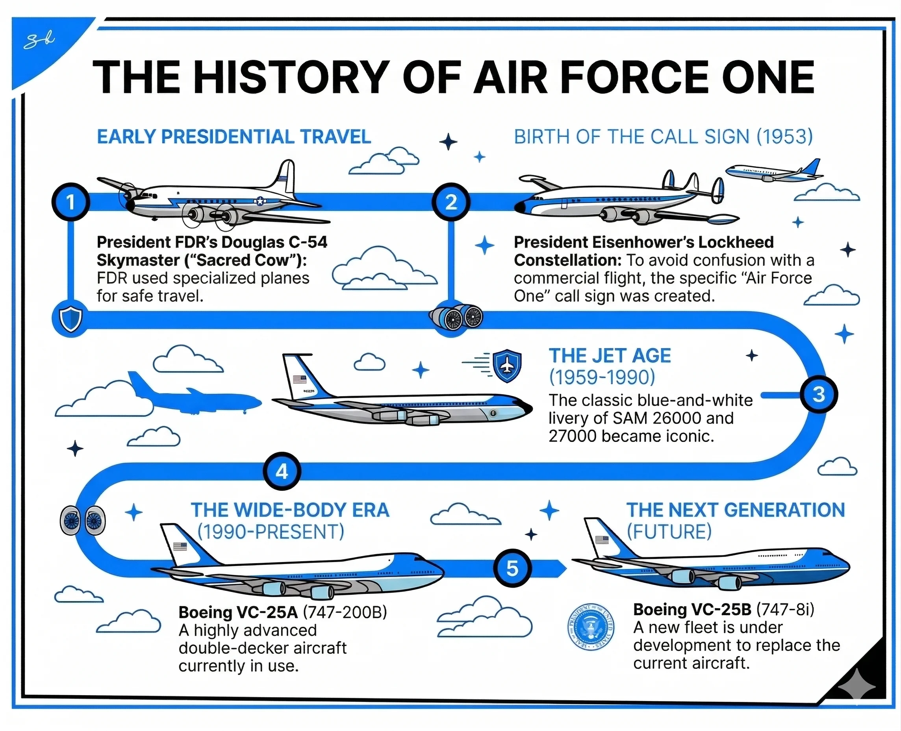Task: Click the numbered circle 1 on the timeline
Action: click(71, 202)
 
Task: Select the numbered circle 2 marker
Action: click(451, 202)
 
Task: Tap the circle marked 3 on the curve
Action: click(818, 395)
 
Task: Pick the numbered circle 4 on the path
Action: click(282, 471)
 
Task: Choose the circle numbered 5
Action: click(512, 568)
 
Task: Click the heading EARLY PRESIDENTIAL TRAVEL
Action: click(234, 137)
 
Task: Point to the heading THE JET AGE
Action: click(610, 355)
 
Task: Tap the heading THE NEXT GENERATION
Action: click(736, 510)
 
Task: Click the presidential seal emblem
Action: click(591, 626)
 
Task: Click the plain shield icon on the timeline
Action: click(71, 319)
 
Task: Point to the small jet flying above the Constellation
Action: click(774, 171)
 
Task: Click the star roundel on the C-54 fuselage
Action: click(260, 201)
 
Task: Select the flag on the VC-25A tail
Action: click(180, 547)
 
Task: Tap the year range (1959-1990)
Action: click(602, 377)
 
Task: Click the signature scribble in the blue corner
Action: click(39, 41)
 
